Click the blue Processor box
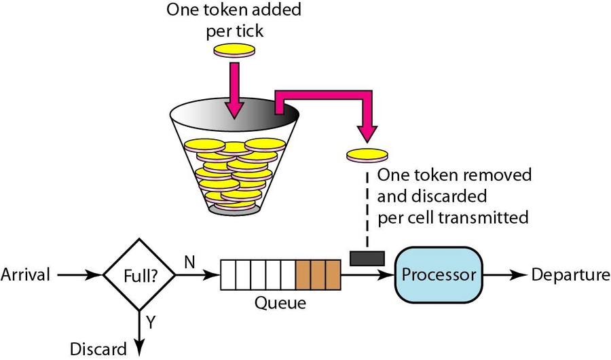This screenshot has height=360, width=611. tap(439, 274)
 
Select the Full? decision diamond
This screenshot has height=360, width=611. tap(138, 275)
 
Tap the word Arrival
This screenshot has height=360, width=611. tap(25, 275)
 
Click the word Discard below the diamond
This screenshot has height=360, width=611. tap(98, 349)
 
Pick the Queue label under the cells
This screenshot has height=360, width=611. tap(280, 302)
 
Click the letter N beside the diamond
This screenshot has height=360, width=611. tap(191, 262)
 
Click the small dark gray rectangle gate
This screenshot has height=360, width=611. tap(367, 258)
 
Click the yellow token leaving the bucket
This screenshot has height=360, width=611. tap(367, 155)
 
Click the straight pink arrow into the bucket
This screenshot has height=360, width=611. tap(235, 88)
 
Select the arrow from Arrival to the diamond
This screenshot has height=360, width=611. tap(78, 275)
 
